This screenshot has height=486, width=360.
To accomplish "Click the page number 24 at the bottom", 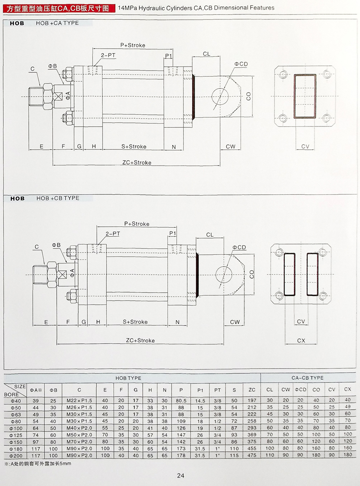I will point(180,475).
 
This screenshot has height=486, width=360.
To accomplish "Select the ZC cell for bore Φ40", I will point(252,400).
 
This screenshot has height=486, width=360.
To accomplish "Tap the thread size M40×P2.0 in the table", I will point(79,428).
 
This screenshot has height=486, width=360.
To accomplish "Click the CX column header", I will point(347,389).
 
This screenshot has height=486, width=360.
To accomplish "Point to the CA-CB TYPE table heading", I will point(307,378).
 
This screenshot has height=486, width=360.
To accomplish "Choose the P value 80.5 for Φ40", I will point(181,400).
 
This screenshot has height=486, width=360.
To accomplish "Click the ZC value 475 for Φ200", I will point(252,455).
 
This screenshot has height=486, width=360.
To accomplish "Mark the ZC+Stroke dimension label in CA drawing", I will point(137,162).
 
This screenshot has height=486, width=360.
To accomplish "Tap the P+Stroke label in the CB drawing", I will point(137,224).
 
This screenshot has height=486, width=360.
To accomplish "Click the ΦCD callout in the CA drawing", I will point(241,64).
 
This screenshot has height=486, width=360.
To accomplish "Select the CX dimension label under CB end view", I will point(301,341).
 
